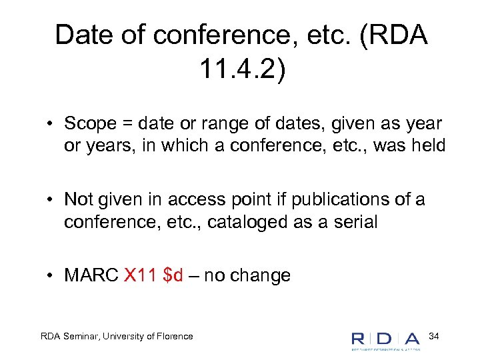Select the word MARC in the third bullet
pyautogui.click(x=91, y=275)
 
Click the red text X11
pyautogui.click(x=140, y=275)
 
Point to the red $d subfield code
pyautogui.click(x=173, y=275)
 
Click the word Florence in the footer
pyautogui.click(x=173, y=336)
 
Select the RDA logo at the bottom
pyautogui.click(x=385, y=338)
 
